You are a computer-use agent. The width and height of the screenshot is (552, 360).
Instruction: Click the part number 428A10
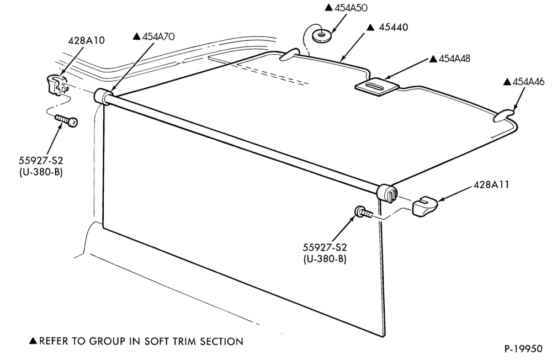point(86,40)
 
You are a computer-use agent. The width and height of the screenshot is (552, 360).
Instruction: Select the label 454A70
point(158,36)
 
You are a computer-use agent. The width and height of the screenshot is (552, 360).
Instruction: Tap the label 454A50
point(351,8)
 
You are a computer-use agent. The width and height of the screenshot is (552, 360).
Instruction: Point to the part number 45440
point(393,27)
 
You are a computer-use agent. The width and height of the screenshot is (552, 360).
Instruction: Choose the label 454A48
point(454,59)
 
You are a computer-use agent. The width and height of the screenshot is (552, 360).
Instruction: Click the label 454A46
point(528,82)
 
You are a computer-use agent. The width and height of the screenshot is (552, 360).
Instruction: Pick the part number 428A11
point(491,184)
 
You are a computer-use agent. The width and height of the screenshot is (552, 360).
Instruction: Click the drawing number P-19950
point(523,349)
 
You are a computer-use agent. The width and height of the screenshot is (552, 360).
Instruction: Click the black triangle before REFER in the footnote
point(33,341)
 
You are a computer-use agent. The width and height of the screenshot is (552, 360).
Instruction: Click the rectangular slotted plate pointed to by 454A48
point(376,86)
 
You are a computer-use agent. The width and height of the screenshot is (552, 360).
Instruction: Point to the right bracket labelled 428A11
point(424,207)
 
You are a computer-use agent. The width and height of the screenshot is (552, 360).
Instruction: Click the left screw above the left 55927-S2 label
point(66,120)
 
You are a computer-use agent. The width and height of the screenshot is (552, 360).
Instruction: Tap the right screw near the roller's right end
point(363,212)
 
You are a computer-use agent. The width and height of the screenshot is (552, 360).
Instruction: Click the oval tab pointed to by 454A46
point(503,116)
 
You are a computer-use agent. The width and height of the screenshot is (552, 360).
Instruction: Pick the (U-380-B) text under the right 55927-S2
point(325,259)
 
